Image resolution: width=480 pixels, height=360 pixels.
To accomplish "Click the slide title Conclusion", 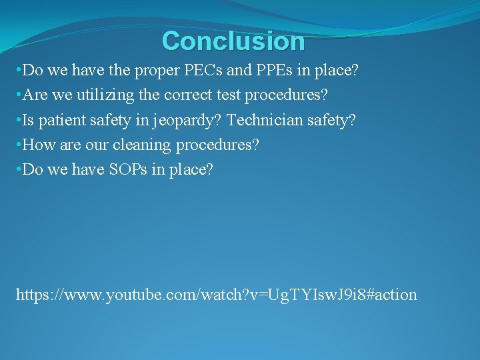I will (x=233, y=41).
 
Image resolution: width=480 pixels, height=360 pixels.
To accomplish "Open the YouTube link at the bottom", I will (x=216, y=294).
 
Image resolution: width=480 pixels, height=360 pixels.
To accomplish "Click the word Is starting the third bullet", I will (x=29, y=120).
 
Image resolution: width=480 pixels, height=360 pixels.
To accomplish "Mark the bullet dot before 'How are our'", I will (x=19, y=145).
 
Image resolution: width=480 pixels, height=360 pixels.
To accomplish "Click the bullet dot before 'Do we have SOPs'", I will (x=19, y=170).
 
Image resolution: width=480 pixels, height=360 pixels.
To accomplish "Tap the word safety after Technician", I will (x=334, y=120).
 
